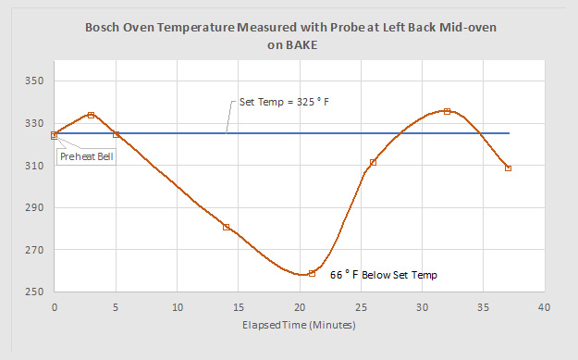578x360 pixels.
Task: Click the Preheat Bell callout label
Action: point(87,156)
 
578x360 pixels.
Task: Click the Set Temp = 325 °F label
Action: point(284,102)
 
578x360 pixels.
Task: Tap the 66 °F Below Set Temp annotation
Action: point(384,275)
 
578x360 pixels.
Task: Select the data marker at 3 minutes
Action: point(91,115)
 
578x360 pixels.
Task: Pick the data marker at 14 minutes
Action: point(227,228)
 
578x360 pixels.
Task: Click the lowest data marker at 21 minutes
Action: point(312,273)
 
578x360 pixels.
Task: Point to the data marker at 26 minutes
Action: point(373,162)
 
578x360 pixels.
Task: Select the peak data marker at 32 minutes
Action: point(447,111)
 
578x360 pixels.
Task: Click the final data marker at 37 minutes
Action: point(509,168)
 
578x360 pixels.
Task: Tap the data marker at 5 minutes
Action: point(117,134)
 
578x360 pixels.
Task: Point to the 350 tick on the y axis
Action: point(34,81)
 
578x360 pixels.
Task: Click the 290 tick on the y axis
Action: point(34,207)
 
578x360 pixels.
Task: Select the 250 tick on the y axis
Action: point(34,292)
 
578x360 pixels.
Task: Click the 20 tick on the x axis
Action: point(300,307)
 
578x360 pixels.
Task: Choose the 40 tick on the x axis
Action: point(545,307)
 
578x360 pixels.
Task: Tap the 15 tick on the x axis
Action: point(239,307)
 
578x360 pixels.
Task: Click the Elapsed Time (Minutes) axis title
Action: point(299,325)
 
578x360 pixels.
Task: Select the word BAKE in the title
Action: point(301,45)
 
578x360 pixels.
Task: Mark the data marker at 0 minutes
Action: point(55,135)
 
